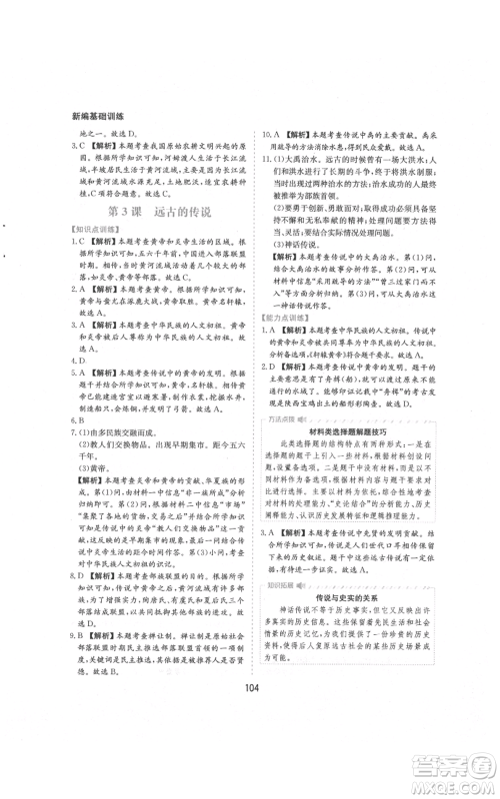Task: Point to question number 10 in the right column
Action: pos(266,133)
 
